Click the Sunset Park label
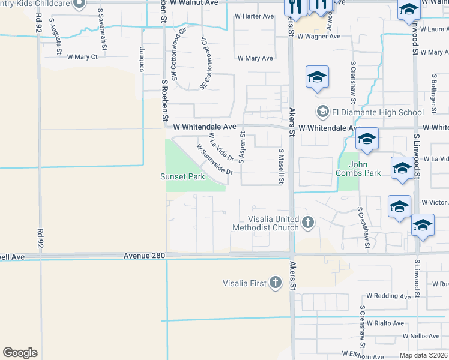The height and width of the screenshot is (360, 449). click(x=182, y=176)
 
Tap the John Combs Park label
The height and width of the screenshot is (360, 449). click(x=364, y=168)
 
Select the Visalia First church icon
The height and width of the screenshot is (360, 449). click(x=276, y=283)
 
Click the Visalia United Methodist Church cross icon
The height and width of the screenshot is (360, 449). click(x=308, y=223)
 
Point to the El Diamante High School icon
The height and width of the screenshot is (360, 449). click(x=322, y=112)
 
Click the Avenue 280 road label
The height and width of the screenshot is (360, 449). click(x=144, y=256)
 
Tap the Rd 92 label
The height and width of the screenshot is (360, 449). click(x=41, y=231)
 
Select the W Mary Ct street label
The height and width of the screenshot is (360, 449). click(x=82, y=57)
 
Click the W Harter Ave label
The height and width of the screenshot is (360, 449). click(x=254, y=16)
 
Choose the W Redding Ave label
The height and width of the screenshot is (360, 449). click(x=388, y=296)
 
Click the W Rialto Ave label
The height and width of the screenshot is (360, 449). click(x=385, y=323)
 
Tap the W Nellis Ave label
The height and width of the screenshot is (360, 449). click(x=423, y=337)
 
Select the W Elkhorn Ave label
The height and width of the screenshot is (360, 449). click(x=363, y=356)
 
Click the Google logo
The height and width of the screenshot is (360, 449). click(x=20, y=353)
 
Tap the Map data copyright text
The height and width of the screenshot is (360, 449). click(x=423, y=355)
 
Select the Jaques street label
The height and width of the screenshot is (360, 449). click(x=142, y=58)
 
